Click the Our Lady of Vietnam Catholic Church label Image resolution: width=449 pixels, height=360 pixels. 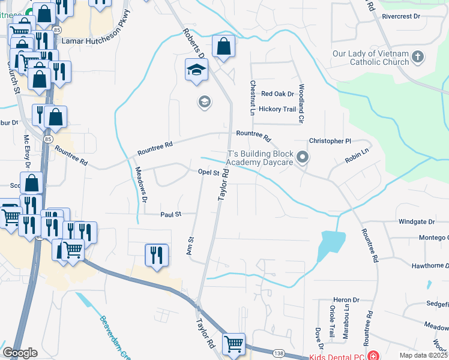[370, 58]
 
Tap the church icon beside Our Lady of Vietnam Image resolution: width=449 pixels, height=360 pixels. [418, 58]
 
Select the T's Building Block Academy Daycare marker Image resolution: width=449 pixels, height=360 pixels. [303, 158]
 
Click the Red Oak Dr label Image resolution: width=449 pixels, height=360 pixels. [277, 94]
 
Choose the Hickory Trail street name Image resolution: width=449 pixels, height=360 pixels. [277, 109]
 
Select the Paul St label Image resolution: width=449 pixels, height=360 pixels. [170, 214]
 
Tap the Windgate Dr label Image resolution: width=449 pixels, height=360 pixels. [416, 222]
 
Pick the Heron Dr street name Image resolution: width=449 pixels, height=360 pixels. [346, 300]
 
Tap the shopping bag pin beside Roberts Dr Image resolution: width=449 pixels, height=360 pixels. [223, 47]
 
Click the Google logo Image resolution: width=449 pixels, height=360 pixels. [20, 353]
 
